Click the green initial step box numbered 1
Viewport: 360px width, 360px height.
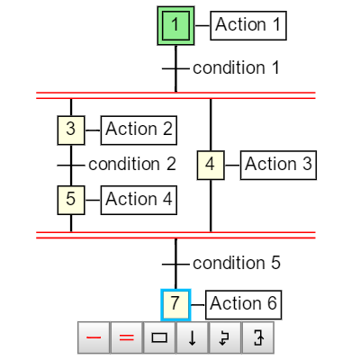(175, 25)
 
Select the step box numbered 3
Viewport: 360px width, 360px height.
(71, 130)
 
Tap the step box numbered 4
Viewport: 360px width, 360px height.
(211, 166)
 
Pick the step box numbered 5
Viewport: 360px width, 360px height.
(71, 200)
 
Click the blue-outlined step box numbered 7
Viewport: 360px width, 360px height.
(175, 305)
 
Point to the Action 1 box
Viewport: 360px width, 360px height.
(248, 25)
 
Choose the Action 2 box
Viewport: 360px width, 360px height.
(139, 130)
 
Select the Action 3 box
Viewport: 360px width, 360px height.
(278, 166)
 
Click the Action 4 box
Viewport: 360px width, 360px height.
(139, 200)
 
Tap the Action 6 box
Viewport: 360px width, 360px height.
(243, 305)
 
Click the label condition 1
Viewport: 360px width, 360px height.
(236, 67)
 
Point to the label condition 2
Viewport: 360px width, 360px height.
(132, 164)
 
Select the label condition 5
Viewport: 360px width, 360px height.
(237, 263)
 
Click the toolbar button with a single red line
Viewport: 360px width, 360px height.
(94, 337)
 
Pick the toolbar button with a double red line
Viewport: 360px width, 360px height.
(127, 337)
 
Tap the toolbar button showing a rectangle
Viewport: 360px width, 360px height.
(159, 337)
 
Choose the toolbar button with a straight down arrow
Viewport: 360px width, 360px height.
(193, 337)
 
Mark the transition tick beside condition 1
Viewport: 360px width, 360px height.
(175, 68)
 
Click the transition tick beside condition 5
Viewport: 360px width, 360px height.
(175, 265)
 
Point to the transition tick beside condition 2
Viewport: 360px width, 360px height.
(71, 166)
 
